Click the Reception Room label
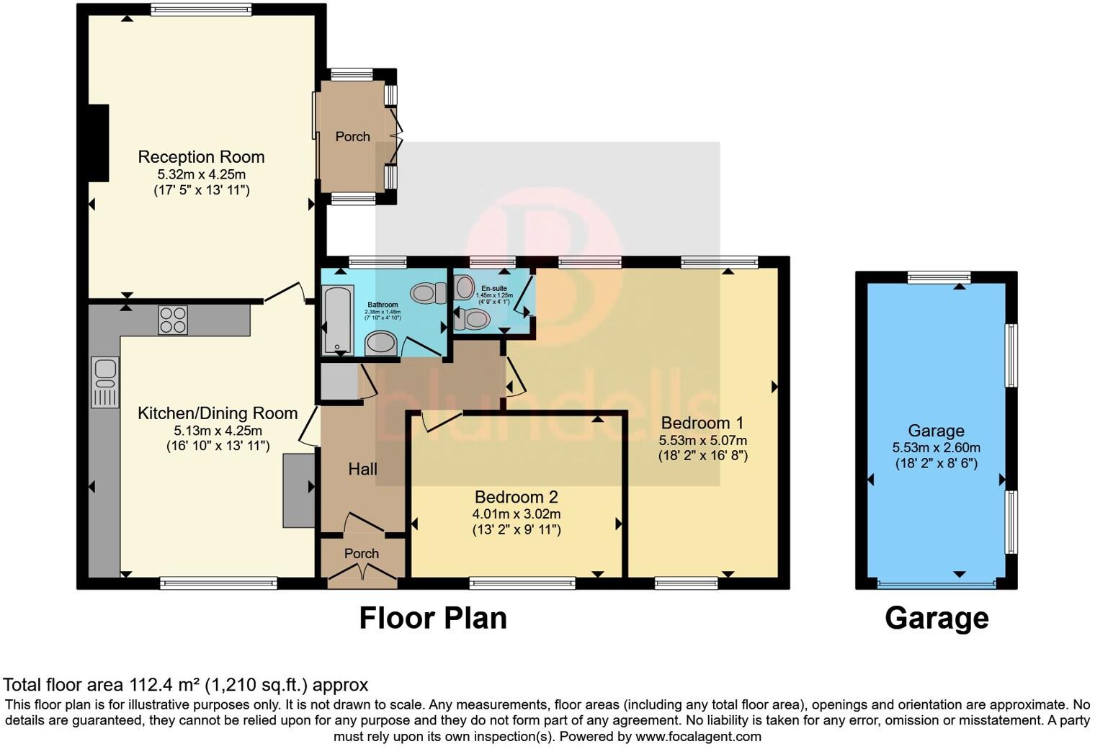pos(201,157)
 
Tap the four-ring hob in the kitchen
pos(173,320)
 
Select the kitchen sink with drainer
pos(105,382)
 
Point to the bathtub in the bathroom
pos(337,320)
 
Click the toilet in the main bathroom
pos(429,292)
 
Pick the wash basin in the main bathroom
pos(381,344)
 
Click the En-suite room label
pos(494,288)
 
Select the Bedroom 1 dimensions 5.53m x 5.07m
pos(702,440)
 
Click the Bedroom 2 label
pos(516,497)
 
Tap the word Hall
pos(362,470)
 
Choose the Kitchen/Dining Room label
pos(218,413)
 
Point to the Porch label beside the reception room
pos(352,137)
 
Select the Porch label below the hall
pos(361,554)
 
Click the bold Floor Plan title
pos(433,619)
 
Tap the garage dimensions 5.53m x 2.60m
pos(936,447)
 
